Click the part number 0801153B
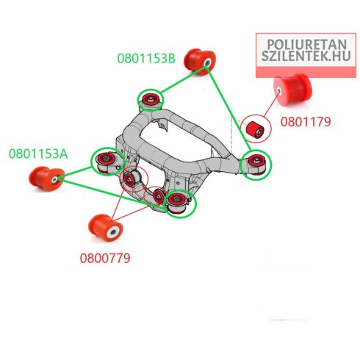pyautogui.click(x=146, y=58)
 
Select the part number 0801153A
pyautogui.click(x=38, y=154)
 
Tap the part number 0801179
pyautogui.click(x=306, y=122)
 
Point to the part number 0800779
pyautogui.click(x=105, y=258)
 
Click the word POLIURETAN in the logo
pyautogui.click(x=306, y=45)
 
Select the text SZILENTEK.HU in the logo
pyautogui.click(x=306, y=56)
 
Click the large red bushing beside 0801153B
pyautogui.click(x=200, y=62)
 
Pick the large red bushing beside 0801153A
pyautogui.click(x=46, y=179)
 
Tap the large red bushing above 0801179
pyautogui.click(x=292, y=90)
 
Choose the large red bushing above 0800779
pyautogui.click(x=106, y=228)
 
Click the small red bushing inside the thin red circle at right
pyautogui.click(x=255, y=129)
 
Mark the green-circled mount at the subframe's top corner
pyautogui.click(x=151, y=100)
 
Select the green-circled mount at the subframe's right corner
pyautogui.click(x=256, y=165)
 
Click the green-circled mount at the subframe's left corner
pyautogui.click(x=107, y=161)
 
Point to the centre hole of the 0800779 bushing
pyautogui.click(x=113, y=232)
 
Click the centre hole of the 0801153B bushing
pyautogui.click(x=207, y=62)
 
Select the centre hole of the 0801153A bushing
pyautogui.click(x=54, y=180)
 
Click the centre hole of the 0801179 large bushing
pyautogui.click(x=279, y=90)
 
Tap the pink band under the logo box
pyautogui.click(x=306, y=73)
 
